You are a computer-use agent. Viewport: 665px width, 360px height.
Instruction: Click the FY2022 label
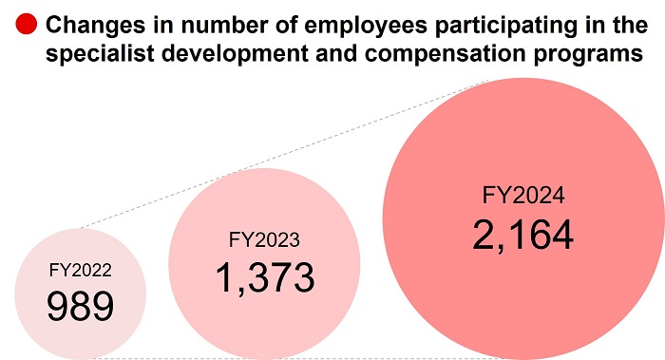81,270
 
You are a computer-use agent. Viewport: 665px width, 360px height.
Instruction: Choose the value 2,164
522,235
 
